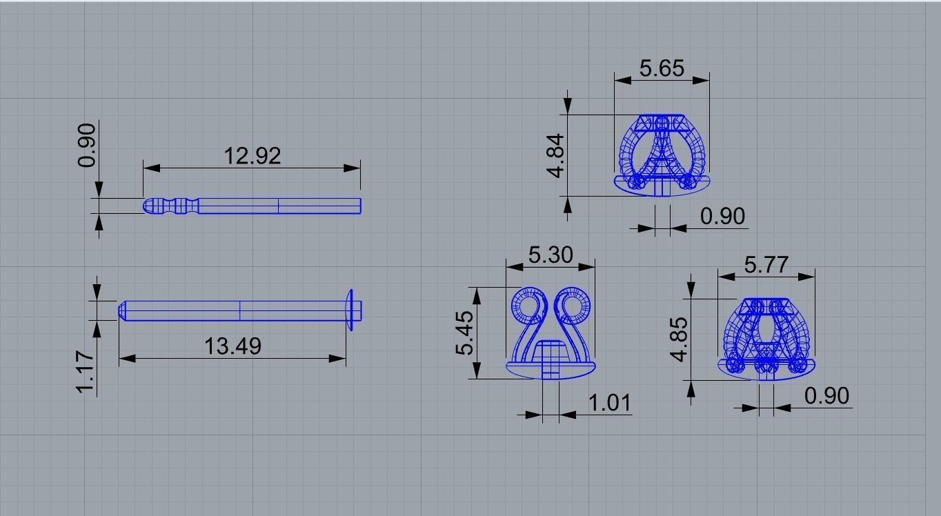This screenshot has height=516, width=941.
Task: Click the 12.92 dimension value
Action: [252, 156]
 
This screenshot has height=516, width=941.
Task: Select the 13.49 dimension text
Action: [233, 345]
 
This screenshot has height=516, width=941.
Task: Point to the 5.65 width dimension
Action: [662, 68]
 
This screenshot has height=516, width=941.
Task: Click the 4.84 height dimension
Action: [557, 155]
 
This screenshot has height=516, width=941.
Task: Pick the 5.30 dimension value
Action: [550, 255]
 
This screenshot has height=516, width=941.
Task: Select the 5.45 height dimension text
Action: [464, 333]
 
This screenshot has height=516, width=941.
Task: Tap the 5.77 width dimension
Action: [766, 265]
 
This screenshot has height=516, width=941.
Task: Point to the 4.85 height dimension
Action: [679, 339]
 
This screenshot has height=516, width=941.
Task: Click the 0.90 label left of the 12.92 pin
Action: [87, 144]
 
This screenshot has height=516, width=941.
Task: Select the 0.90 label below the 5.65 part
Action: [722, 216]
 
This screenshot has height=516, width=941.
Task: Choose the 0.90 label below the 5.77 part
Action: [826, 396]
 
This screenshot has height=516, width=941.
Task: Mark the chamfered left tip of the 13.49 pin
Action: [122, 310]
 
